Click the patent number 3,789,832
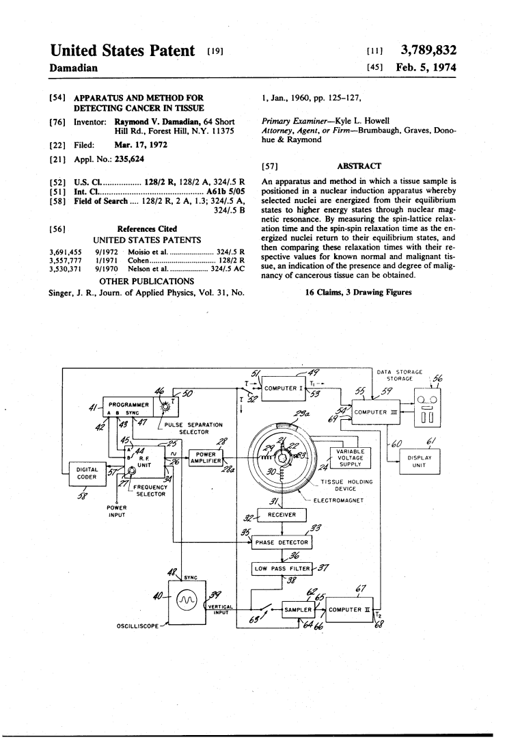tap(428, 51)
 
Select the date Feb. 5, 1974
tap(426, 68)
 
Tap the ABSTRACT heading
tap(359, 166)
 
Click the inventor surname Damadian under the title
tap(74, 68)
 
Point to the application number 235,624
tap(129, 159)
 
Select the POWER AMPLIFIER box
tap(206, 457)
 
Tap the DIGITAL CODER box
tap(87, 473)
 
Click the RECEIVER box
tap(282, 515)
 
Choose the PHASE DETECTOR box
tap(282, 542)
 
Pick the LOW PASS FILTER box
tap(282, 568)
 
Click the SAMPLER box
tap(298, 609)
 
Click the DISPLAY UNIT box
tap(419, 462)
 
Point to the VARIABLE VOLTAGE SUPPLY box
tap(351, 458)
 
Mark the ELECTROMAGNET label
tap(338, 501)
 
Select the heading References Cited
tap(147, 229)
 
